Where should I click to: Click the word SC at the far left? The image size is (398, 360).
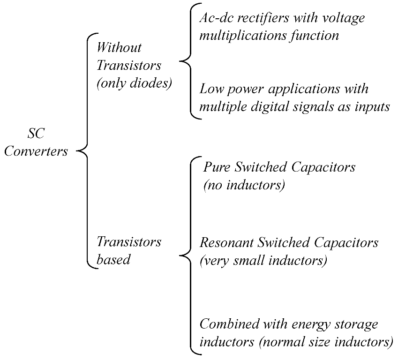36,134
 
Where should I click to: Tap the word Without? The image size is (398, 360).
119,47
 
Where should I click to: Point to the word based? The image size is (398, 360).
113,260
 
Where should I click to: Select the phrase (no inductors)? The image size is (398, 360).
244,185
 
